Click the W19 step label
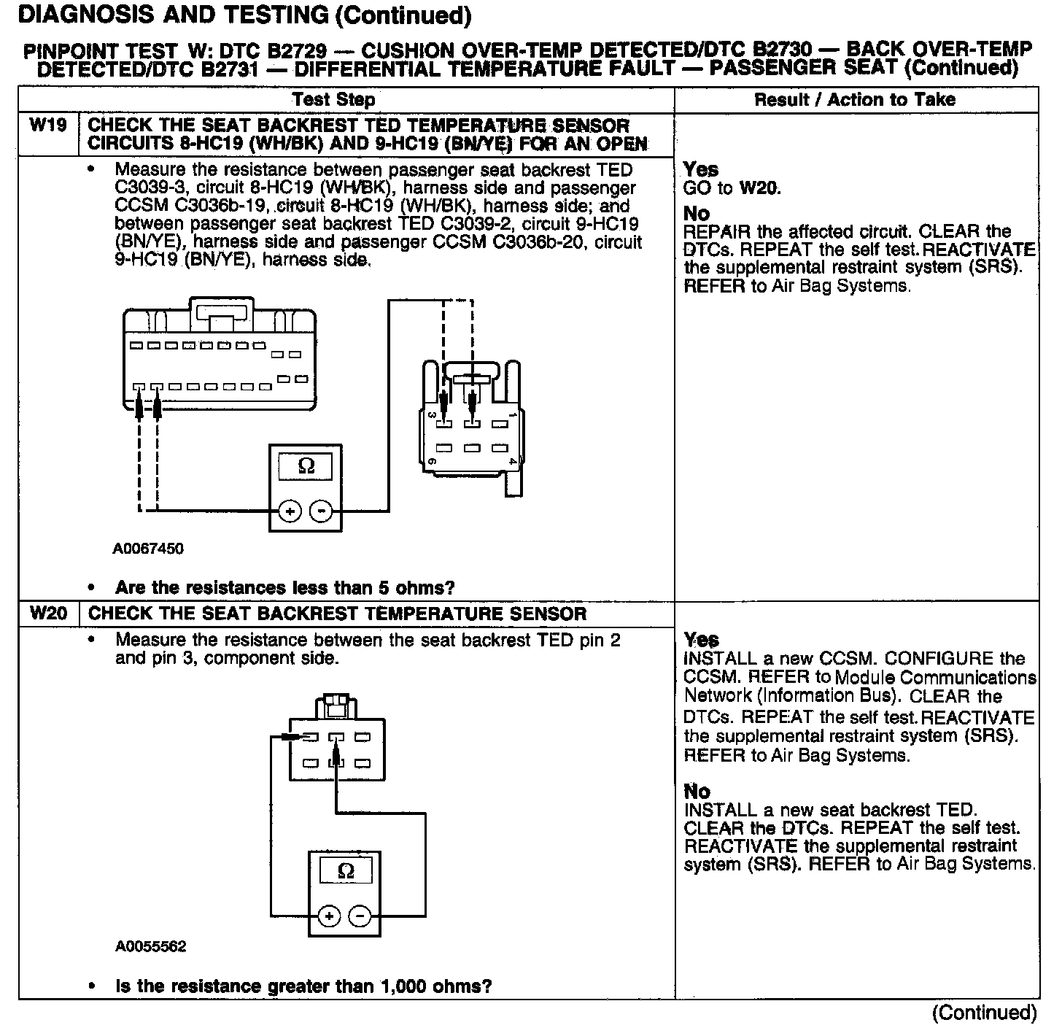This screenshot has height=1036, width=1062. (x=48, y=125)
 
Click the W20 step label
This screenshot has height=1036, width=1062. (x=48, y=613)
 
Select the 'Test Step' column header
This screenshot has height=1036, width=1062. (x=333, y=100)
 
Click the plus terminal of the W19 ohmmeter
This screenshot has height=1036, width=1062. (x=290, y=511)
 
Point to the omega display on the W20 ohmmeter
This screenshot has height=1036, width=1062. (x=346, y=870)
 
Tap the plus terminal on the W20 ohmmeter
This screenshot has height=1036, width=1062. (x=329, y=916)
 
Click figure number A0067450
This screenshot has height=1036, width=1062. (x=148, y=549)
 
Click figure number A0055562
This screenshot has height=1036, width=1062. (x=150, y=947)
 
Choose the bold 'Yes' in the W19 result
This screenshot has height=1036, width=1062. (x=701, y=170)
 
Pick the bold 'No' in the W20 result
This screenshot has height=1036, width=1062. (x=697, y=792)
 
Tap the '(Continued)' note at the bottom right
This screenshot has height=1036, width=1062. (x=984, y=1013)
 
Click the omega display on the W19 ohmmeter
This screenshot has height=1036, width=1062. (x=306, y=465)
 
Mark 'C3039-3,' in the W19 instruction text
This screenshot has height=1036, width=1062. (x=152, y=188)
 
